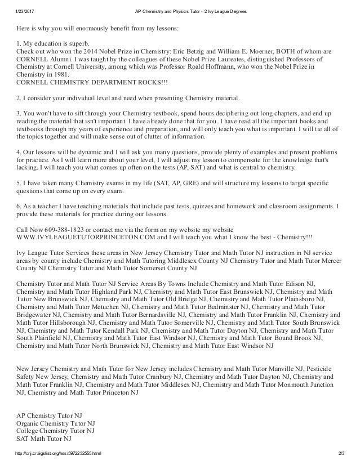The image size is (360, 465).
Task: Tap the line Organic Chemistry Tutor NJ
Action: [x=56, y=422]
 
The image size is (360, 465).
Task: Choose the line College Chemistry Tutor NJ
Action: [x=56, y=431]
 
